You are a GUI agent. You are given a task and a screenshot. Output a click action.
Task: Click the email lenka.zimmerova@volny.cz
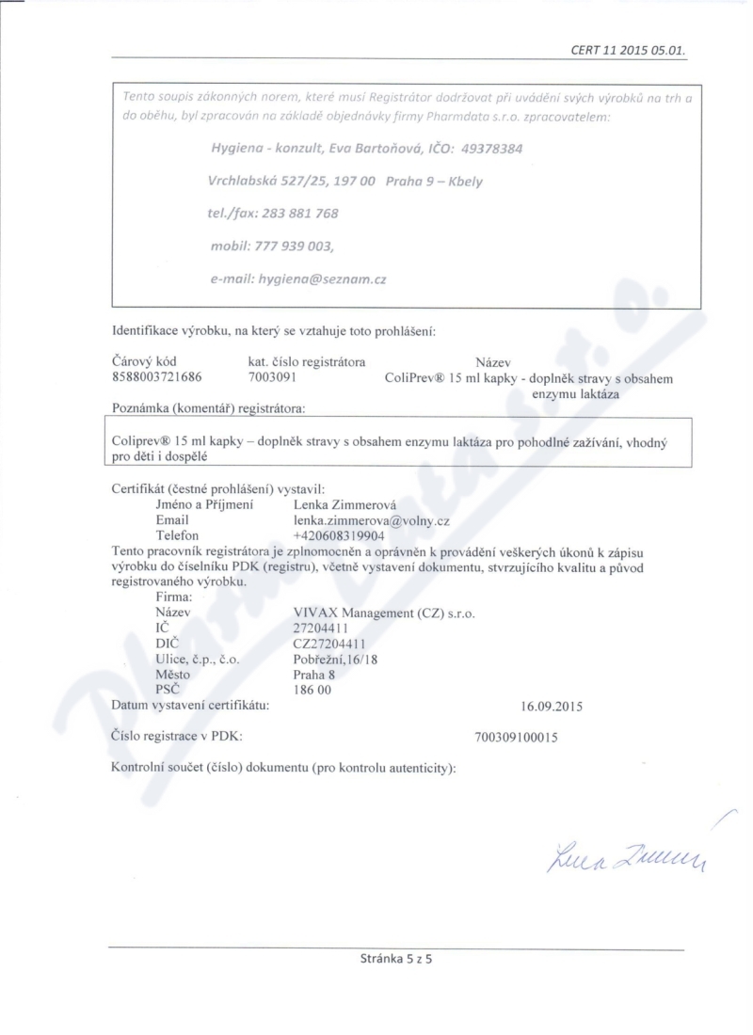pyautogui.click(x=368, y=520)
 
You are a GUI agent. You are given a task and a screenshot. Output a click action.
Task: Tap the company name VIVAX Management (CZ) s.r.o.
pyautogui.click(x=384, y=613)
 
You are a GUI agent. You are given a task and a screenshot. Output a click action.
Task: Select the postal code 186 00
pyautogui.click(x=312, y=689)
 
